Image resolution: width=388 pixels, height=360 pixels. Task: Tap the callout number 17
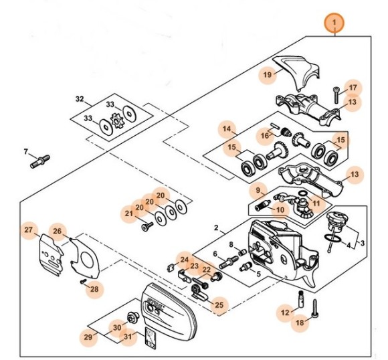pos(353,88)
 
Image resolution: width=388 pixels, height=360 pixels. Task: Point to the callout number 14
pos(227,128)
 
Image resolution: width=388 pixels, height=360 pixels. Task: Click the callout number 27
pos(28,230)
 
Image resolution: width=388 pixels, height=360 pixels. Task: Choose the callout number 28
pos(94,288)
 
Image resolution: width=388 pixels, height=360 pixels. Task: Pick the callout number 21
pos(129,213)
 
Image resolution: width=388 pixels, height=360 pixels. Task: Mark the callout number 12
pos(284,311)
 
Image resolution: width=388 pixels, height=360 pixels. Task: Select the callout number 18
pos(300,322)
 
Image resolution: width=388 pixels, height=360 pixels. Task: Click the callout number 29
pos(88,337)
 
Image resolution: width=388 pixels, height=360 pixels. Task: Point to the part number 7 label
pos(26,151)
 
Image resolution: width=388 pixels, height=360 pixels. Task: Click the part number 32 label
pos(80,99)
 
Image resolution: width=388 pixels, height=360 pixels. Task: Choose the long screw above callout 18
pos(314,308)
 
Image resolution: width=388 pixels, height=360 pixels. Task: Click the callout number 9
pos(256,191)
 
